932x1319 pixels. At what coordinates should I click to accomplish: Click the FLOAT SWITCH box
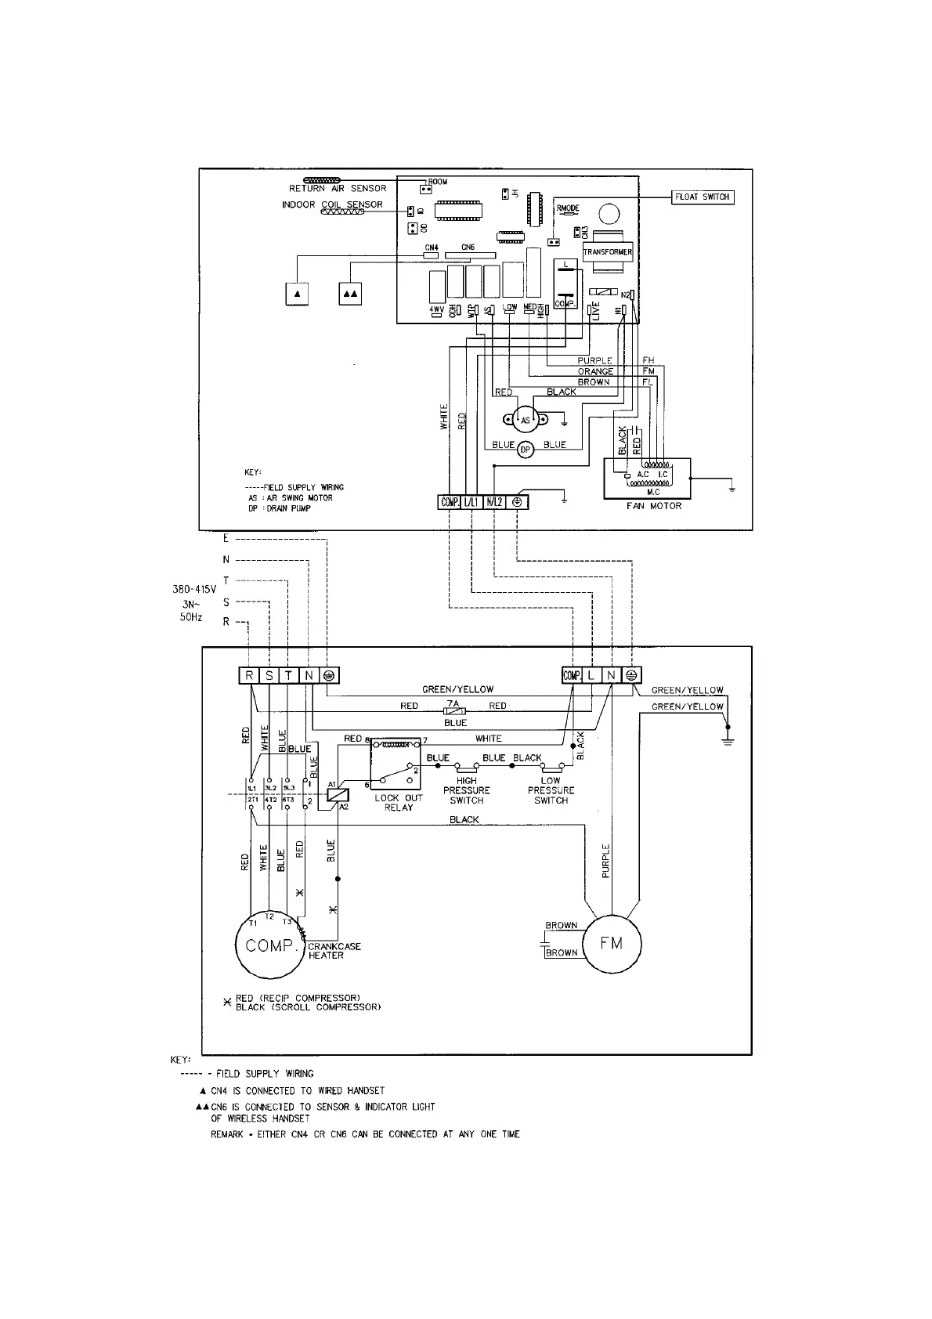click(x=702, y=197)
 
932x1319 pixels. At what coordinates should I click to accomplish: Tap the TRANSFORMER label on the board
click(x=607, y=252)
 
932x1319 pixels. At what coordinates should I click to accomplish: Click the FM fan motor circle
click(x=611, y=943)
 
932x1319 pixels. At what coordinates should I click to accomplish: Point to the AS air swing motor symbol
click(x=525, y=420)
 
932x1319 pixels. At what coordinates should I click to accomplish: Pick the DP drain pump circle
click(x=526, y=449)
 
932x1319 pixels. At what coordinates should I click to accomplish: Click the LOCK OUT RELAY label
click(x=398, y=802)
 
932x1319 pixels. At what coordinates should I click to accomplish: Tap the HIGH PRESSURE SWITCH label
click(x=467, y=790)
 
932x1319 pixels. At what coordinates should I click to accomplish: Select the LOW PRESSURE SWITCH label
click(x=551, y=790)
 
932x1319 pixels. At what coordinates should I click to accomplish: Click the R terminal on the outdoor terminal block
click(x=249, y=675)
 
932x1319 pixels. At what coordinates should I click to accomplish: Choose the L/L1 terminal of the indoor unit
click(x=471, y=502)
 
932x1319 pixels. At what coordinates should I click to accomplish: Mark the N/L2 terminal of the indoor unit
click(x=494, y=502)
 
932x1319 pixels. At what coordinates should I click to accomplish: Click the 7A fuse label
click(x=453, y=703)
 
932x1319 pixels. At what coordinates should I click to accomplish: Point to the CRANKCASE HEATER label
click(x=334, y=951)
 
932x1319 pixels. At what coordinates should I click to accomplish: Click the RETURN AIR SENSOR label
click(x=338, y=189)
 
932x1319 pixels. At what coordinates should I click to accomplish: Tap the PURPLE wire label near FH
click(x=594, y=361)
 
